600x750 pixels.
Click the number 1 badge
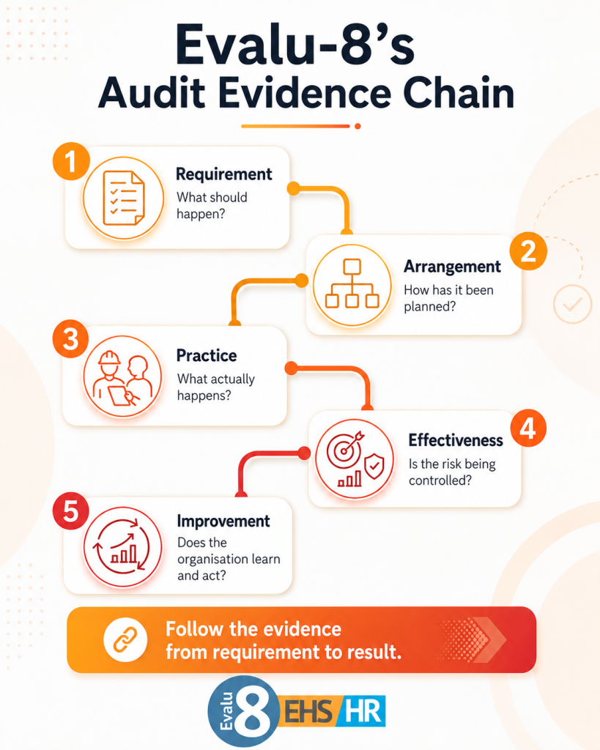click(x=71, y=161)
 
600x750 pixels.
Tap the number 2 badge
click(x=528, y=251)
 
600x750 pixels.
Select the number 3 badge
click(x=71, y=340)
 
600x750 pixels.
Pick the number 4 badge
click(x=527, y=428)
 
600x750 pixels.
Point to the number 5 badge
click(x=71, y=511)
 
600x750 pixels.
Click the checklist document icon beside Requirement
click(x=124, y=198)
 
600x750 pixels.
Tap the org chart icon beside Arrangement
click(x=352, y=285)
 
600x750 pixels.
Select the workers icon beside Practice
click(x=123, y=376)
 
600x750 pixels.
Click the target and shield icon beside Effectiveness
click(x=355, y=458)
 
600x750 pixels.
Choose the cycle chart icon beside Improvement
click(x=122, y=546)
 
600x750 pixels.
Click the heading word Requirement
click(x=224, y=174)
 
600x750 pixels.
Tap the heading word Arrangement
click(x=452, y=267)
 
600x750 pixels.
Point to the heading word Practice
click(x=207, y=355)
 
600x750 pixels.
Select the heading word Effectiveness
click(x=456, y=440)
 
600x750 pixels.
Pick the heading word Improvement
click(x=223, y=521)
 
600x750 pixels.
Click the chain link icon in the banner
click(x=125, y=640)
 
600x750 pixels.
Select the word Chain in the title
click(x=459, y=93)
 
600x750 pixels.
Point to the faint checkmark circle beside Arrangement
click(x=572, y=304)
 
